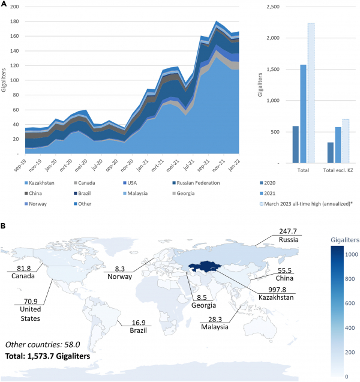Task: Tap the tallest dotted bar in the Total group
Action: point(310,93)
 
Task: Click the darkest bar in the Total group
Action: point(295,145)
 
